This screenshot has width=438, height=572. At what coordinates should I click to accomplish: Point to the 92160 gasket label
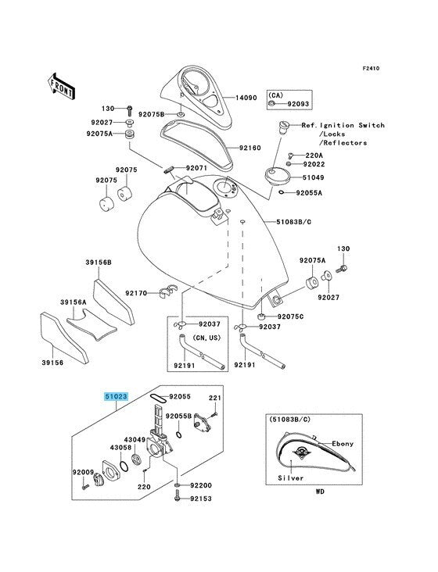pyautogui.click(x=250, y=148)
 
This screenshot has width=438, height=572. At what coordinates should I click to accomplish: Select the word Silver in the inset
pyautogui.click(x=290, y=477)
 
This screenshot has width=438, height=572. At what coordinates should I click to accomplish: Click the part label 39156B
pyautogui.click(x=99, y=263)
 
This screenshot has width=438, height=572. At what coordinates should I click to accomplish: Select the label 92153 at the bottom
pyautogui.click(x=201, y=518)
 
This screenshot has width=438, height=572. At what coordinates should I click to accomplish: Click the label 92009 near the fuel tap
pyautogui.click(x=84, y=472)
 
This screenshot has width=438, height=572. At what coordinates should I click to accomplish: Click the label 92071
pyautogui.click(x=197, y=168)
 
